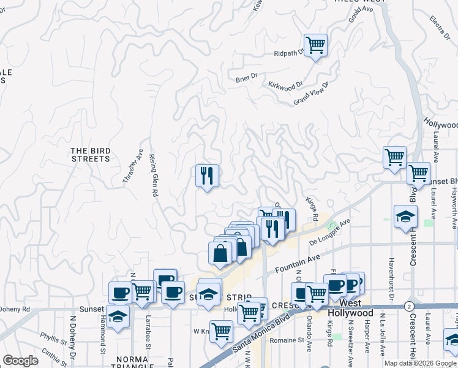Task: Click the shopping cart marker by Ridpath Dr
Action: click(x=315, y=45)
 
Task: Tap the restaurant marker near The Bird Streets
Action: click(x=207, y=176)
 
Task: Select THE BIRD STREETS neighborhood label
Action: click(x=90, y=154)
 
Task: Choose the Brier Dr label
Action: click(x=247, y=78)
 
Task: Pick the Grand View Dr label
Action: click(x=311, y=94)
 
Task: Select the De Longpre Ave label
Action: click(x=329, y=234)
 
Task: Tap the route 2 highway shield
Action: click(x=408, y=305)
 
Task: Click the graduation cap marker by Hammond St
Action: click(x=118, y=316)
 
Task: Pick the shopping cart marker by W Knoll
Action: click(x=221, y=332)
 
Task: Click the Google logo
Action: click(x=20, y=361)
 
